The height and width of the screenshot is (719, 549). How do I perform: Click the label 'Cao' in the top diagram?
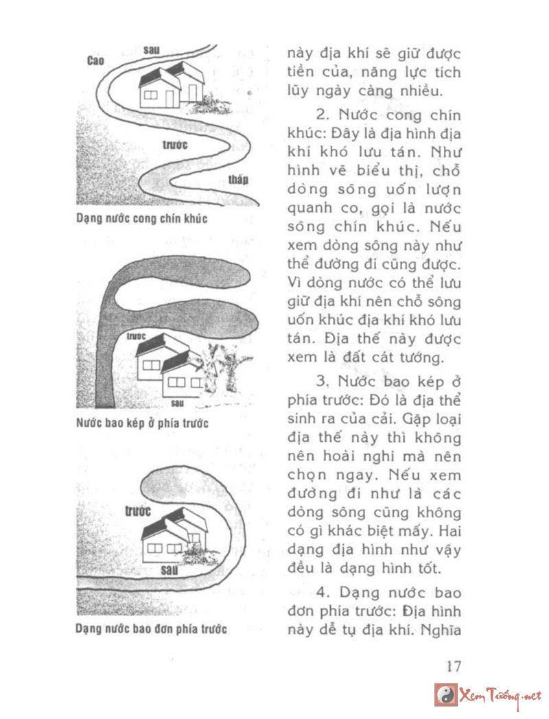coord(95,61)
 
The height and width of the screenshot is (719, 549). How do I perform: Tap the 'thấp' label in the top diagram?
coord(238,180)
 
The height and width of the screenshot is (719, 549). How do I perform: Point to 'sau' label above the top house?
coord(152,49)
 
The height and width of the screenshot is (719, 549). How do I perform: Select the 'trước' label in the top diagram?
coord(176,145)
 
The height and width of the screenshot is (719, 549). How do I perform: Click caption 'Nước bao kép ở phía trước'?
coord(142,423)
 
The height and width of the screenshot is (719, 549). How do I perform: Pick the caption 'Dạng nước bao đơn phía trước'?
coord(151,628)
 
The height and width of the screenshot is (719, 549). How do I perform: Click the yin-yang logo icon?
coord(445,694)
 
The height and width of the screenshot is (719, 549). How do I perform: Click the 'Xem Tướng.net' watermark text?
coord(501,695)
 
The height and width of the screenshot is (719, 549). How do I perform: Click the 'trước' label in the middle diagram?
coord(137,336)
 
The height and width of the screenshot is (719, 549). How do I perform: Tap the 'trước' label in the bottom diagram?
coord(138,510)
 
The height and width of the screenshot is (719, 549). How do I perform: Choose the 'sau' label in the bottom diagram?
coord(170,569)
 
